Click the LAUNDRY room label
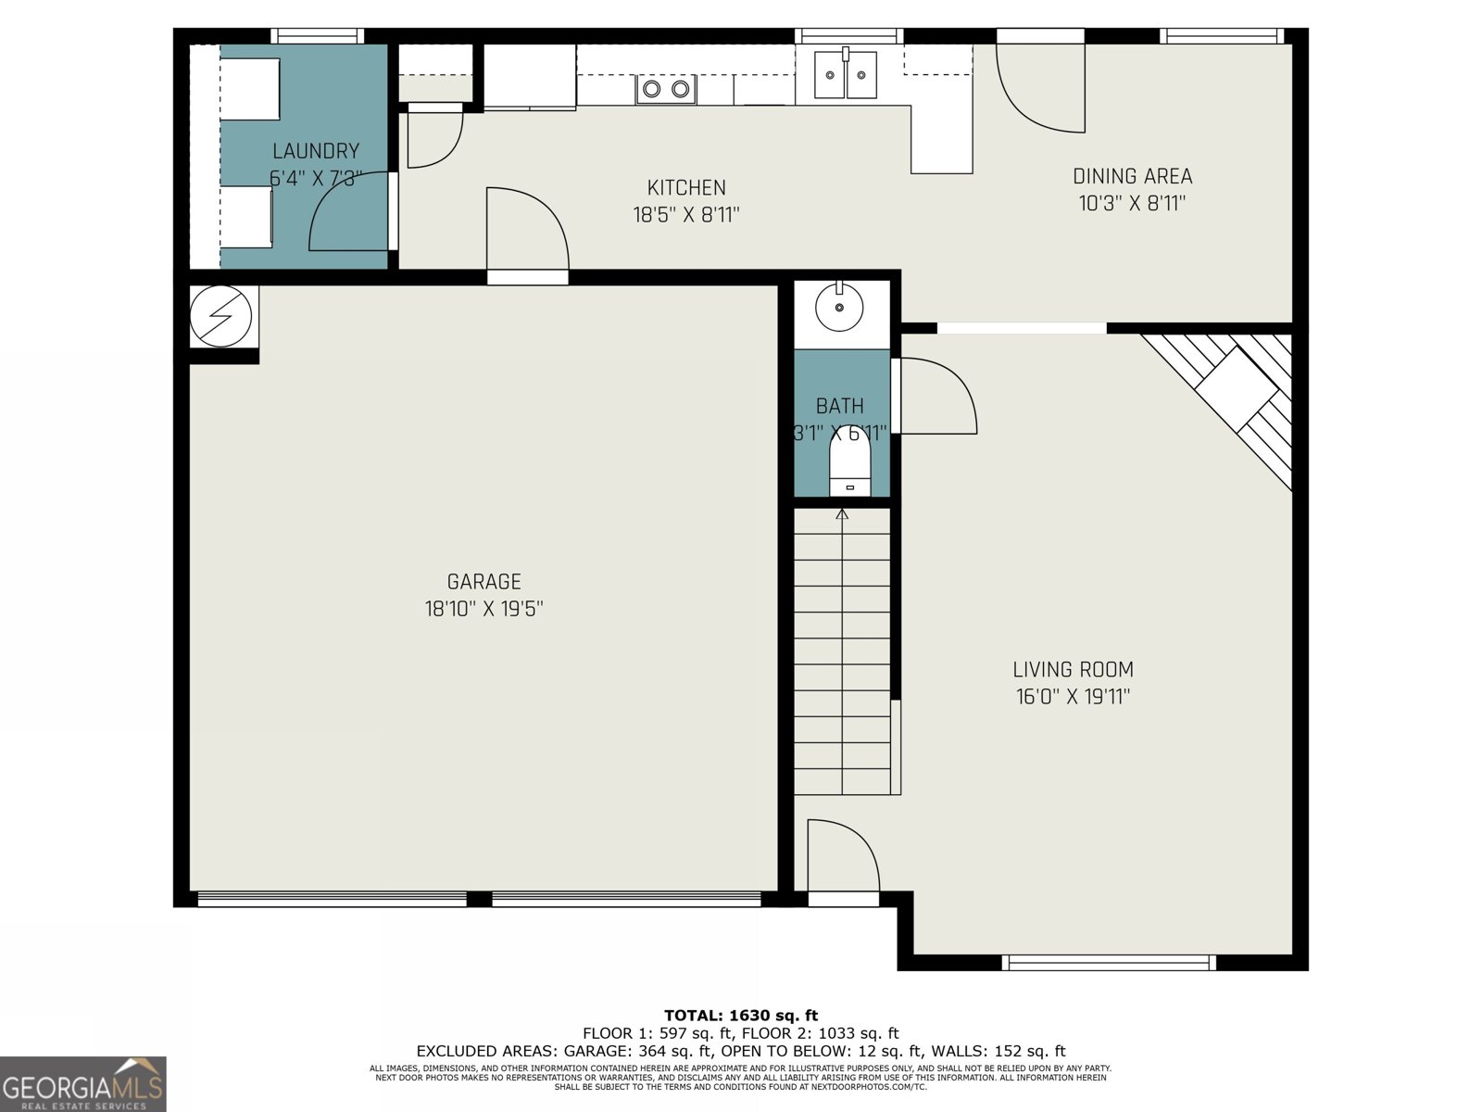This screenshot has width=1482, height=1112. [x=315, y=151]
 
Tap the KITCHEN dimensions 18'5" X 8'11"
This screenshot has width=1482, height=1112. [x=685, y=215]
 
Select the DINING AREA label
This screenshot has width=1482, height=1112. [x=1132, y=176]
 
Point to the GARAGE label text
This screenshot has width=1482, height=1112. [x=484, y=582]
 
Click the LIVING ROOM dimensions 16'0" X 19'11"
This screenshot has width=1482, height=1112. [x=1073, y=697]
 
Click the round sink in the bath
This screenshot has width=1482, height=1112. [x=839, y=307]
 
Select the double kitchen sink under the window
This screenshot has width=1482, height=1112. [x=846, y=75]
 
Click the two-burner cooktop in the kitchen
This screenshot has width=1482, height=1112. [x=666, y=89]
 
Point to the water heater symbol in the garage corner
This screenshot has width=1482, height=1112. [x=220, y=316]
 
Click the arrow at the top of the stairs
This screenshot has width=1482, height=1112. [x=842, y=514]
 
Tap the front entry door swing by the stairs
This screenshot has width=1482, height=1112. [x=841, y=857]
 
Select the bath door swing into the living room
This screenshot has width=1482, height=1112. [x=936, y=397]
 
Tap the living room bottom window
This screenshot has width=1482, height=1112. [x=1109, y=963]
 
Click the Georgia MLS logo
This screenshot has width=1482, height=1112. [x=83, y=1084]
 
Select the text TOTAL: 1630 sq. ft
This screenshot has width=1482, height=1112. [x=741, y=1016]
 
